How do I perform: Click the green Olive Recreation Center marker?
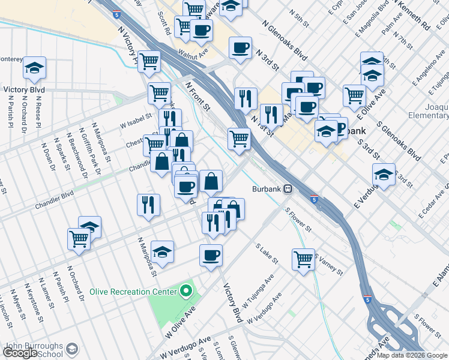[186, 292]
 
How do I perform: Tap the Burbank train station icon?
[288, 188]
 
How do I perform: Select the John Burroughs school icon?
[72, 349]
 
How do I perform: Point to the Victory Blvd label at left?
[24, 90]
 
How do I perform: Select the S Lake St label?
[267, 254]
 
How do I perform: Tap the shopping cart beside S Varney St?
[304, 259]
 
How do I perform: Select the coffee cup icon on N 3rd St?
[240, 47]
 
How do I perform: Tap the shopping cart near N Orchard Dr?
[79, 239]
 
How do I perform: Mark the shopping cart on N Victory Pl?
[149, 61]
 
